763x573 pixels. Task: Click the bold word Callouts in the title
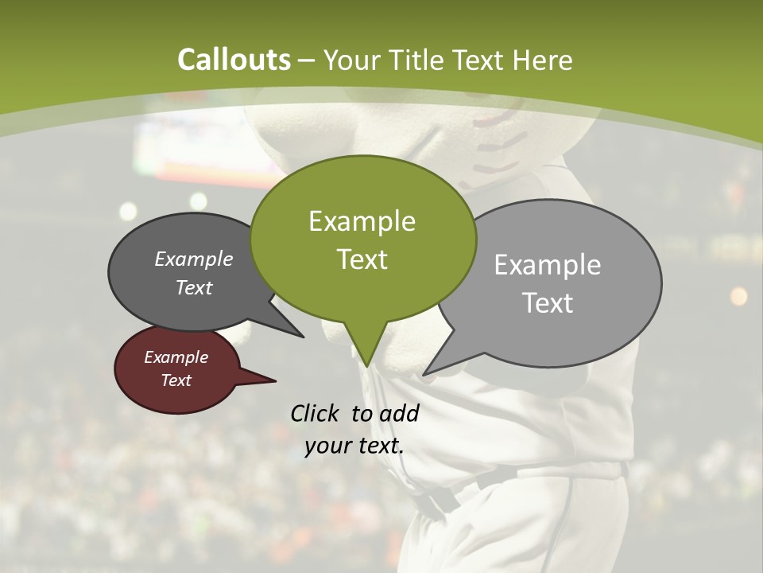(x=234, y=60)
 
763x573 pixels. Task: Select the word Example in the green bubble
(x=362, y=221)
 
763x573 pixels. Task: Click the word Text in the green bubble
(x=362, y=259)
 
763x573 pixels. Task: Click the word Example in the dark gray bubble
(x=194, y=259)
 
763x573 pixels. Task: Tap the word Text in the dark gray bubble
(x=194, y=287)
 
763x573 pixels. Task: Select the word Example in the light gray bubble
(x=548, y=265)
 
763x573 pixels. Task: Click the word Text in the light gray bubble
(x=548, y=303)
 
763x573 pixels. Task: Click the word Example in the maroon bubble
(x=176, y=357)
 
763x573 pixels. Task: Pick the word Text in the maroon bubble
(x=176, y=380)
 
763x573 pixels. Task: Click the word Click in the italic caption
(x=315, y=413)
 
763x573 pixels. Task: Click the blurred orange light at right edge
(x=738, y=296)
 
